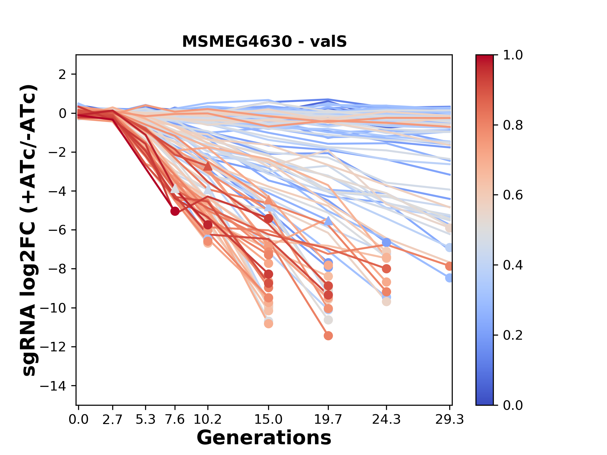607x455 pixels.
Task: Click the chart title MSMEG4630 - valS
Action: coord(264,42)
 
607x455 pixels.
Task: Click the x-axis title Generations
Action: coord(264,438)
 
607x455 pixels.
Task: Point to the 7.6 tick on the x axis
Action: coord(175,420)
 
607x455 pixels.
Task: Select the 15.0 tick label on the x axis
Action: coord(268,420)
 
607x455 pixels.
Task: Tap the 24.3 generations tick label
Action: coord(386,420)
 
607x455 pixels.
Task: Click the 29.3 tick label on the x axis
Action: coord(449,420)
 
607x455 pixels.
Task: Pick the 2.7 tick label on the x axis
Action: coord(113,420)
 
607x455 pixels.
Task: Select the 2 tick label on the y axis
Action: coord(63,75)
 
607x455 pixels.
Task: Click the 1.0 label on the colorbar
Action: coord(513,55)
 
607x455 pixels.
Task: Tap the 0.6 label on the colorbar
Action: coord(513,195)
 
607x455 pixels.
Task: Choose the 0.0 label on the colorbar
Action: coord(513,405)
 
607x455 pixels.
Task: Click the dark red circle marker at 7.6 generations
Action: coord(175,211)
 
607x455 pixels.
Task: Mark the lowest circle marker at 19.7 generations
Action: coord(328,336)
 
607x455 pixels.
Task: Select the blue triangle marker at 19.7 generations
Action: coord(328,221)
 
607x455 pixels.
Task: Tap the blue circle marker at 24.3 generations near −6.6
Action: coord(386,242)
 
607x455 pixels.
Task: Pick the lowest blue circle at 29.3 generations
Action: coord(449,278)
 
